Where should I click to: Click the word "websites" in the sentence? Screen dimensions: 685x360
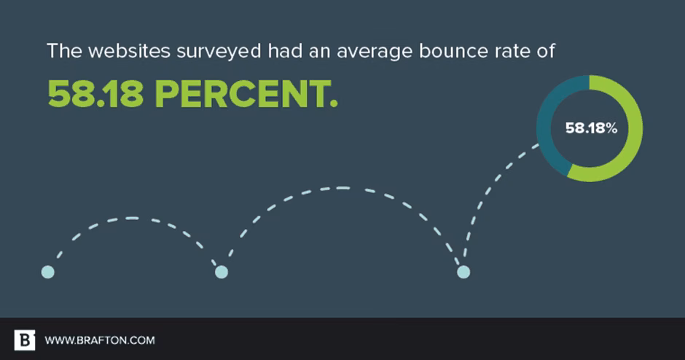click(129, 51)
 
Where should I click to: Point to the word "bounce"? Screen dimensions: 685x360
click(453, 51)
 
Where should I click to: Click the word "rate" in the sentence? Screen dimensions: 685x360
click(513, 52)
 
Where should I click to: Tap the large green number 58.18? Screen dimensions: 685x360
click(95, 93)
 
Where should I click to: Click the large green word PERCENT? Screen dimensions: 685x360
click(246, 93)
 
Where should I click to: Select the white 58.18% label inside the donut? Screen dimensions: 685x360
click(591, 128)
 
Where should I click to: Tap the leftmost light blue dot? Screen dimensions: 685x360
click(48, 272)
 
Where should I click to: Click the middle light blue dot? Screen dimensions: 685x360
click(222, 272)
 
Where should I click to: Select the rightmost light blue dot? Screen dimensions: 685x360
click(463, 272)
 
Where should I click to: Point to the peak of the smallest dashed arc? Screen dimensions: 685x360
click(132, 218)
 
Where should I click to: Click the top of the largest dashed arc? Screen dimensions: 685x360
click(343, 188)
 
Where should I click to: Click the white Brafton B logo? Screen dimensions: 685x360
click(25, 340)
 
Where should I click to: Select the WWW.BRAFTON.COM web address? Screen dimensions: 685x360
click(100, 340)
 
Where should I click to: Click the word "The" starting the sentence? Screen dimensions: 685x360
click(64, 51)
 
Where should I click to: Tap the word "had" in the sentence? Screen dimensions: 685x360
click(285, 51)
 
